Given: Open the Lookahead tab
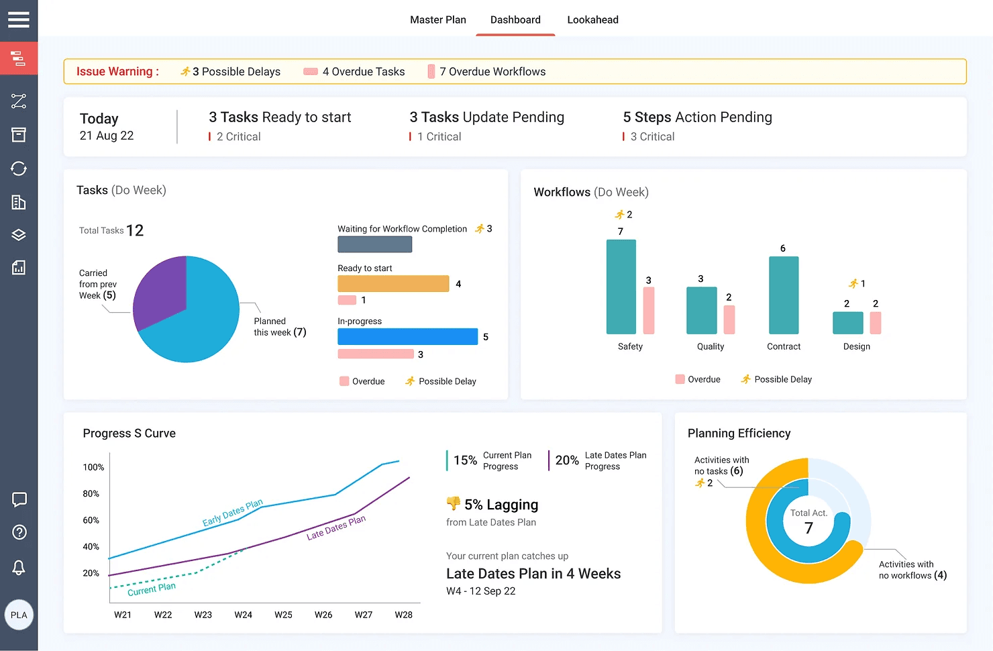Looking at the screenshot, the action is pyautogui.click(x=592, y=20).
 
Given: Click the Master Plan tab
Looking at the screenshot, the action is pyautogui.click(x=437, y=20).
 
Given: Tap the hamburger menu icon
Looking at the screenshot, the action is pyautogui.click(x=19, y=19).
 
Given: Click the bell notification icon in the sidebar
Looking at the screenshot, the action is pyautogui.click(x=19, y=567).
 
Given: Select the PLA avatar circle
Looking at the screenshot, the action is pyautogui.click(x=19, y=615).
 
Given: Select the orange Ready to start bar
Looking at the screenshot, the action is pyautogui.click(x=393, y=283).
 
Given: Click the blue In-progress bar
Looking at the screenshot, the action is pyautogui.click(x=407, y=336).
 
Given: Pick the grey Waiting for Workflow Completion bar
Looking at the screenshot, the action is pyautogui.click(x=374, y=244).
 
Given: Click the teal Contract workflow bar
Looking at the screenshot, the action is pyautogui.click(x=783, y=295).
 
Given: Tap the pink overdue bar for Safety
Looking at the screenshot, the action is pyautogui.click(x=649, y=311).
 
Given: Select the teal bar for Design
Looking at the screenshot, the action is pyautogui.click(x=847, y=323).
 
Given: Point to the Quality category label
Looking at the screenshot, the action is pyautogui.click(x=710, y=346).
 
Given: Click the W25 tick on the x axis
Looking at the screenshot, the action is pyautogui.click(x=283, y=615).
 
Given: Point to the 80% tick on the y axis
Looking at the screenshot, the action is pyautogui.click(x=91, y=493).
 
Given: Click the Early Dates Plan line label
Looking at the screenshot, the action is pyautogui.click(x=232, y=512).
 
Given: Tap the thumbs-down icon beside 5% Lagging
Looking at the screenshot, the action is pyautogui.click(x=453, y=503).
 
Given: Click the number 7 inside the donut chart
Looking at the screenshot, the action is pyautogui.click(x=808, y=528).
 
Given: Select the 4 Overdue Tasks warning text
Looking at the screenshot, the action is pyautogui.click(x=364, y=71).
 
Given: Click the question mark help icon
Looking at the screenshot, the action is pyautogui.click(x=19, y=532).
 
